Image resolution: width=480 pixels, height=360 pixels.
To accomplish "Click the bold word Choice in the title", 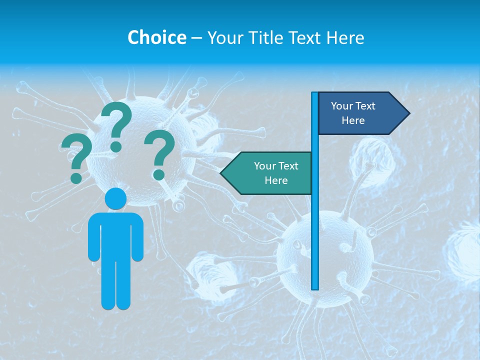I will (x=156, y=37).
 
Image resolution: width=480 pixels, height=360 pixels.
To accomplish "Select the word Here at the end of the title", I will (x=345, y=37).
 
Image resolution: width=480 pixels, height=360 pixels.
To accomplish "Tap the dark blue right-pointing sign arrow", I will (x=360, y=113).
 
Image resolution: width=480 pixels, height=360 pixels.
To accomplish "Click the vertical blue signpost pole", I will (x=314, y=225).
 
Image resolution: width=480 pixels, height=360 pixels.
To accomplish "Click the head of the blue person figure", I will (x=115, y=199).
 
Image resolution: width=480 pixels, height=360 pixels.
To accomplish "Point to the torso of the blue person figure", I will (x=115, y=235).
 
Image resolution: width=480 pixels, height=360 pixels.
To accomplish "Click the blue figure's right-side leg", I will (x=123, y=285).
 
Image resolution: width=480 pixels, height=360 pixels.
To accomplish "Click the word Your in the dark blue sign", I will (x=341, y=106).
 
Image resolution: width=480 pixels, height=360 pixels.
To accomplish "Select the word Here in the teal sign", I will (x=276, y=180).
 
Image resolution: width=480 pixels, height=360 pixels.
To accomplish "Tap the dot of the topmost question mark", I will (x=116, y=146).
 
